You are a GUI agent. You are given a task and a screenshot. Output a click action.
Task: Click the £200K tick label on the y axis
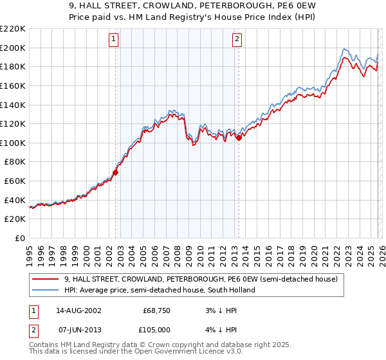pos(13,48)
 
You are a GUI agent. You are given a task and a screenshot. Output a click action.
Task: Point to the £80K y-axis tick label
pos(15,162)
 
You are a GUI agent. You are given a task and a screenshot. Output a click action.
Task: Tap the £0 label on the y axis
pos(20,239)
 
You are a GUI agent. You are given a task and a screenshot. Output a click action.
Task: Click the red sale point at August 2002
pos(116,172)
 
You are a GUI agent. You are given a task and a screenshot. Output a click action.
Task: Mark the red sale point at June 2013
pos(239,138)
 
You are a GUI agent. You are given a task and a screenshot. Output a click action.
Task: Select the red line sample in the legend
pos(46,280)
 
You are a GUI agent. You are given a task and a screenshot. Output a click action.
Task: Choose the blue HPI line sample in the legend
pos(46,290)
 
